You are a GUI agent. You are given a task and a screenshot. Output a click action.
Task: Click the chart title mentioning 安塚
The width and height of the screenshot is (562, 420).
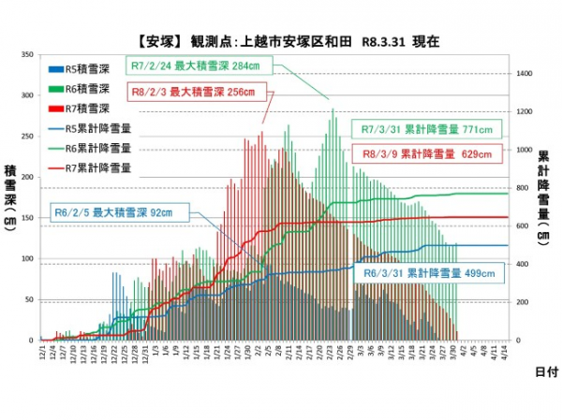(x=281, y=42)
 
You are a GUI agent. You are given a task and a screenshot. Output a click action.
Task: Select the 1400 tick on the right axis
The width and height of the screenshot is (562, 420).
(x=525, y=72)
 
